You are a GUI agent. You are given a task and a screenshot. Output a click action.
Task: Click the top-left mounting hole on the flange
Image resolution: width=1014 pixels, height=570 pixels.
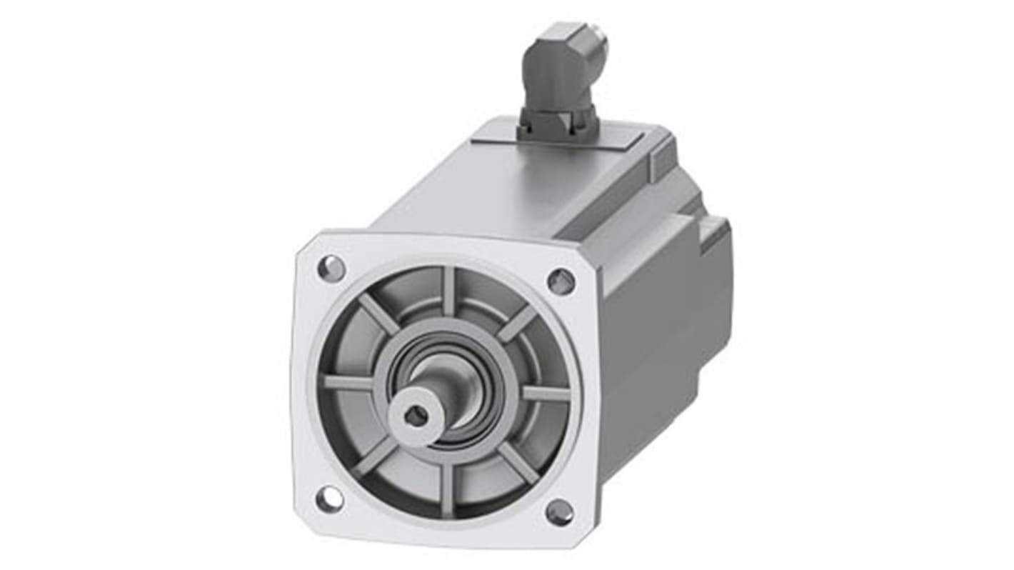click(x=331, y=269)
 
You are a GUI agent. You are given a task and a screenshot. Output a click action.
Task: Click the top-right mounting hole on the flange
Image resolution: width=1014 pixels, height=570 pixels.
click(x=561, y=281)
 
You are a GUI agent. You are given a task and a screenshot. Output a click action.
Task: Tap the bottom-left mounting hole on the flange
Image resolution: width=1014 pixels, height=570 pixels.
click(x=329, y=499)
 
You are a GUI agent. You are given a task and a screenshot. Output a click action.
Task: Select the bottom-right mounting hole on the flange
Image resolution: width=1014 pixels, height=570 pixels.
click(x=559, y=511)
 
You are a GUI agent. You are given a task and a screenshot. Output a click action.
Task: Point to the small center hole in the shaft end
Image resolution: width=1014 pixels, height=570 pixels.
click(x=416, y=414)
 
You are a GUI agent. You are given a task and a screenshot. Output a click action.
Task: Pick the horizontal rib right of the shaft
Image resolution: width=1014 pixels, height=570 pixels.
click(x=546, y=393)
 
